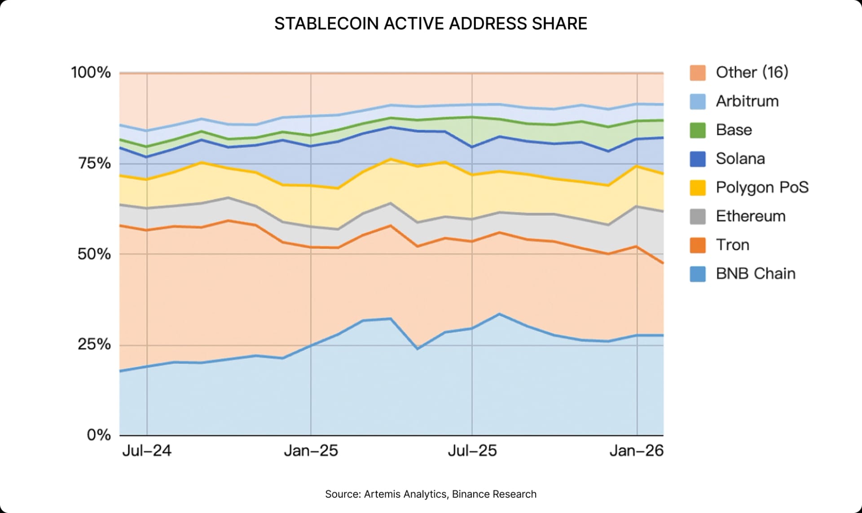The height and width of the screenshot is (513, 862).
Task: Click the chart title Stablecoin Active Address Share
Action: click(431, 24)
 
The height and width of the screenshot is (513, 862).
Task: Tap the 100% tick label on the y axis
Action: click(91, 72)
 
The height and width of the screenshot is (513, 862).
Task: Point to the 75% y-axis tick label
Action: click(94, 163)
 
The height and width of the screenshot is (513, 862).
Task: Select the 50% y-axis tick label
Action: click(94, 254)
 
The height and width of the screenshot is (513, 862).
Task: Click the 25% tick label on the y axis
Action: click(94, 345)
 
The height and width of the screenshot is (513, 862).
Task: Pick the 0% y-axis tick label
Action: click(99, 434)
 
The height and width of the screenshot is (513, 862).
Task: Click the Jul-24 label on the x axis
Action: click(147, 451)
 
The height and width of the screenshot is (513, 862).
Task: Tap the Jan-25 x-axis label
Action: click(311, 451)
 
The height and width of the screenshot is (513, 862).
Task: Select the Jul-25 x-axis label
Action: click(472, 451)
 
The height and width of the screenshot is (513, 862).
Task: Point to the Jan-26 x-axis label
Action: click(636, 451)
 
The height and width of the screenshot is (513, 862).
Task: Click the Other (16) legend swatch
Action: click(698, 73)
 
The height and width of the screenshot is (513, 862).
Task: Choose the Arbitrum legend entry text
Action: click(747, 101)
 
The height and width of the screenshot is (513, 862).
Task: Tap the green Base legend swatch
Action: click(698, 130)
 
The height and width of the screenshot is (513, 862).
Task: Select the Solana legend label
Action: click(740, 159)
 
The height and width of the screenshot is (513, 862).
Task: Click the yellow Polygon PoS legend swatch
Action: click(698, 188)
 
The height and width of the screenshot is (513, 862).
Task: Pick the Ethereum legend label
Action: click(751, 216)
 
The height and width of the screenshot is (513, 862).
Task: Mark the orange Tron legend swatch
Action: click(698, 245)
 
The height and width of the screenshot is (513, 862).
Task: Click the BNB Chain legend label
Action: click(756, 274)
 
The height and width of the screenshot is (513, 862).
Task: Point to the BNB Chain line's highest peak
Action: click(499, 314)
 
